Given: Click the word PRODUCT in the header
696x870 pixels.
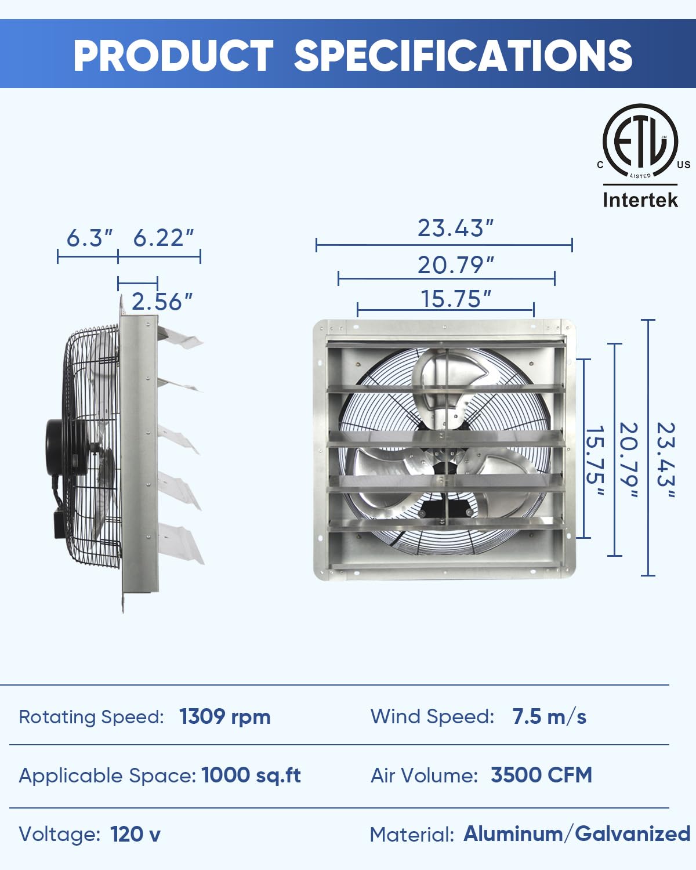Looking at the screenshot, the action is click(x=173, y=56).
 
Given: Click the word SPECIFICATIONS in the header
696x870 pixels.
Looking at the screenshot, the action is click(x=463, y=56).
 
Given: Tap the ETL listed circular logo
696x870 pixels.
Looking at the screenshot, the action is click(x=640, y=141).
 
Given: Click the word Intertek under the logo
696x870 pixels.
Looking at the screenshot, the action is click(x=640, y=200).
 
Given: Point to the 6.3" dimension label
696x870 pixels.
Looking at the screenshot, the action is click(x=89, y=238).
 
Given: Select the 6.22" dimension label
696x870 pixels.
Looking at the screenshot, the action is click(x=164, y=238).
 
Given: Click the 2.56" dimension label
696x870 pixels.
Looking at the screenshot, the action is click(x=162, y=302).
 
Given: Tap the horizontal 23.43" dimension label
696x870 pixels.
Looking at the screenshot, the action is click(x=455, y=228).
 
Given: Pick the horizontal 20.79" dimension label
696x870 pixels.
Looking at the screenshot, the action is click(x=455, y=265).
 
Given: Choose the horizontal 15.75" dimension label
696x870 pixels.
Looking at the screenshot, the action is click(x=456, y=299).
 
